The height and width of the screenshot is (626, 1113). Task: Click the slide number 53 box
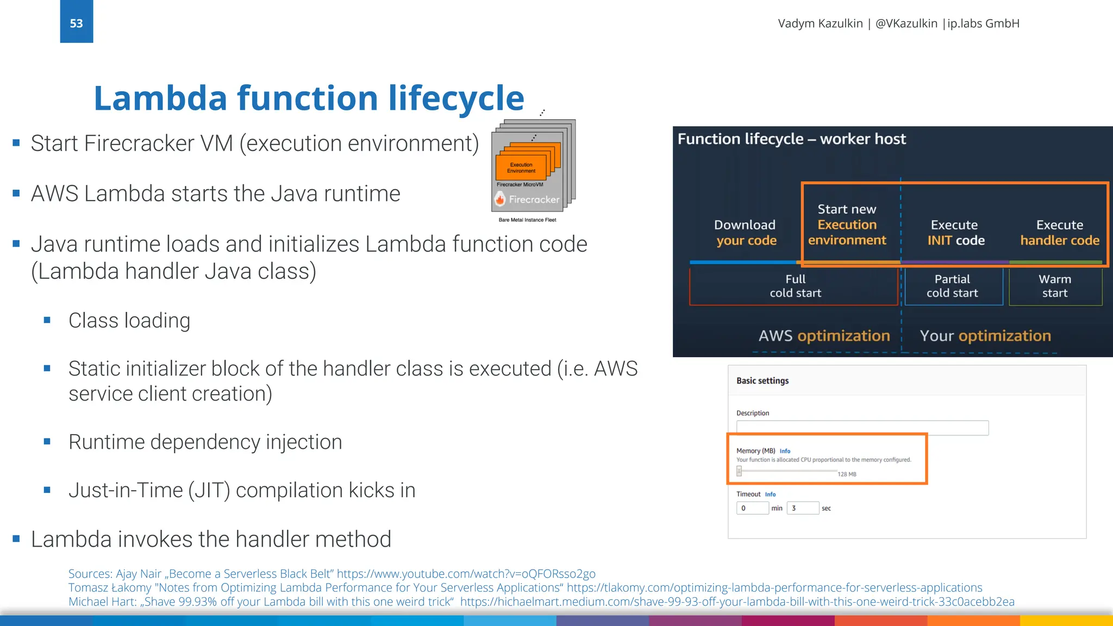(x=76, y=22)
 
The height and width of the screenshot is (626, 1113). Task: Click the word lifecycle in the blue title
(x=456, y=98)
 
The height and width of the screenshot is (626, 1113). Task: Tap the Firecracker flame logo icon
(x=500, y=199)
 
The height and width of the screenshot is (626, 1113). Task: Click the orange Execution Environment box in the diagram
(x=521, y=168)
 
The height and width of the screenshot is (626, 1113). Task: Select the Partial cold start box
(x=952, y=286)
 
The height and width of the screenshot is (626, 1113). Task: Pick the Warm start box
(x=1055, y=286)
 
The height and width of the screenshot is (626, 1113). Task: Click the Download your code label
(x=745, y=233)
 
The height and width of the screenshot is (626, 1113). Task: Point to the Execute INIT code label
(x=955, y=233)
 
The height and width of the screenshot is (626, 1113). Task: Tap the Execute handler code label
(x=1059, y=233)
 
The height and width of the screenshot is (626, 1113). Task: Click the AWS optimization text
(x=824, y=336)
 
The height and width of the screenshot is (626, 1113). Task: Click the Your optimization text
(x=985, y=336)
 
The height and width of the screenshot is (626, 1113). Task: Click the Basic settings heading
(x=762, y=381)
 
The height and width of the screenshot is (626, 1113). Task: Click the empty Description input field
(x=862, y=428)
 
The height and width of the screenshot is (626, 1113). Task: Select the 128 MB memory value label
(x=847, y=474)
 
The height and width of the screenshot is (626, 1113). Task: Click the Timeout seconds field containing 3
(x=802, y=508)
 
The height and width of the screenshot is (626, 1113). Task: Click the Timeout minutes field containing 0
(x=752, y=508)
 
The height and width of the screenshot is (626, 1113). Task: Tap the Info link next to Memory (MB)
(x=785, y=451)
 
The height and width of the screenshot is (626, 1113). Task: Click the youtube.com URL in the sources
(x=466, y=574)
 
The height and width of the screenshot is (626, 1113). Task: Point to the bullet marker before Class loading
(x=47, y=321)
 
